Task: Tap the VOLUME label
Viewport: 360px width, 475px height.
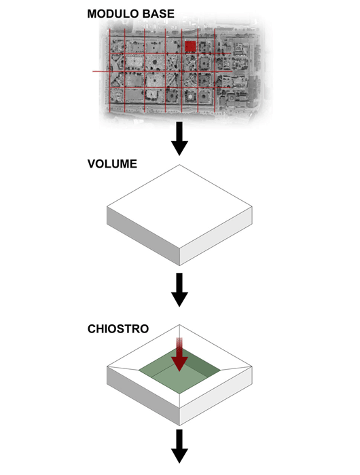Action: coord(112,164)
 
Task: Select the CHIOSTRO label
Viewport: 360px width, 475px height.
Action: coord(118,329)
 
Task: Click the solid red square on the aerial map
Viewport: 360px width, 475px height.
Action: coord(190,46)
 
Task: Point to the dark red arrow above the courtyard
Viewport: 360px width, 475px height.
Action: coord(179,354)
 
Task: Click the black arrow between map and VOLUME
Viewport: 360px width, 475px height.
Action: coord(179,138)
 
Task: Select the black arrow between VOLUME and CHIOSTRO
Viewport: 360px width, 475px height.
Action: coord(179,290)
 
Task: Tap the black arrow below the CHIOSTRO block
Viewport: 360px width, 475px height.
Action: coord(179,446)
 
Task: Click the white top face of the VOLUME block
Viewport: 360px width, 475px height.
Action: coord(179,207)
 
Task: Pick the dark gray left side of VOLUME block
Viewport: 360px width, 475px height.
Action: coord(143,235)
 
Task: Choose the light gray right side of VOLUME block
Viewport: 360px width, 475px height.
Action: coord(216,235)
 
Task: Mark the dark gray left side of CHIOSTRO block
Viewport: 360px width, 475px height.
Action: coord(143,396)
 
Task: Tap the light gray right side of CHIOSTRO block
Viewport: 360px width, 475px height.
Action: coord(216,396)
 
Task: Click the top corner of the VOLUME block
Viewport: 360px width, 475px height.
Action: coord(179,165)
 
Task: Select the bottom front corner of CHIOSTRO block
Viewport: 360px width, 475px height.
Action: coord(179,425)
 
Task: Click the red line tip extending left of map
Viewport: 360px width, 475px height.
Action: coord(93,71)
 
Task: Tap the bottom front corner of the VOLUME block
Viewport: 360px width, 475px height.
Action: coord(179,265)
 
